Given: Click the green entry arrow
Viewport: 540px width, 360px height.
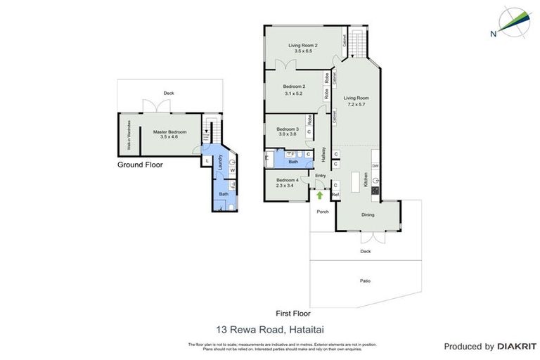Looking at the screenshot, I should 320,195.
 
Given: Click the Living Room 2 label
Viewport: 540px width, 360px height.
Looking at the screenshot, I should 303,48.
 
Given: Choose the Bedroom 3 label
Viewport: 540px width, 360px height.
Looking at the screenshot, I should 287,131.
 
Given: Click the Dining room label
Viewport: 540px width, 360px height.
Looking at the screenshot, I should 368,215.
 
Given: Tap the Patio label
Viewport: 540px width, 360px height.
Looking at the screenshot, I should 366,281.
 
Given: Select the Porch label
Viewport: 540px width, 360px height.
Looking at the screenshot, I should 323,212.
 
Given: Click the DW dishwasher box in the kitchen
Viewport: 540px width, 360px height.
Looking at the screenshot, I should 375,166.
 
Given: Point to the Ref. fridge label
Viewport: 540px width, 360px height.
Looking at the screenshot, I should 335,195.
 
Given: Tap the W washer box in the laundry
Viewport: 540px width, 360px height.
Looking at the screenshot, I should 231,170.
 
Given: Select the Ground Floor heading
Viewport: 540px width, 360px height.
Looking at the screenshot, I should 140,165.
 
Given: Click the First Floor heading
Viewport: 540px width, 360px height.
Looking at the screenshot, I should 292,314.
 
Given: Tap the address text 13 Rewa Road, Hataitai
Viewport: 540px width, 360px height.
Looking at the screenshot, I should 259,328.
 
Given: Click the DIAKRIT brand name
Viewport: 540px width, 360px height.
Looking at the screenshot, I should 517,347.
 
